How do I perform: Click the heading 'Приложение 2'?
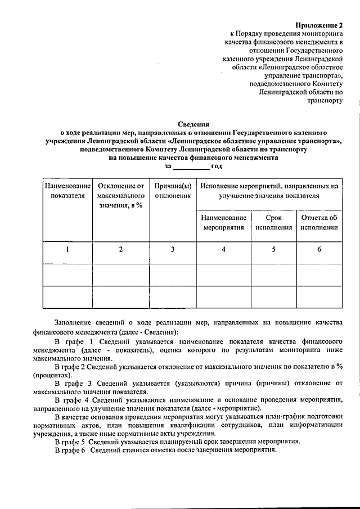(318, 25)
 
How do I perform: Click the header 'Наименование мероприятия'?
(223, 223)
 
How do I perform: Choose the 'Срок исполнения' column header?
(273, 223)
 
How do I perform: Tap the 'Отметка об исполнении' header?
(319, 223)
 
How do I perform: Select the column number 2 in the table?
(120, 250)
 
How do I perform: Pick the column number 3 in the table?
(173, 250)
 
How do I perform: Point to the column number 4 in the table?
(223, 250)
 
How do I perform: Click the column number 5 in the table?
(273, 250)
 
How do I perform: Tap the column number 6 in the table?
(319, 250)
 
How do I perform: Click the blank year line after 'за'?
(191, 167)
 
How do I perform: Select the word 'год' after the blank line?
(217, 166)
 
